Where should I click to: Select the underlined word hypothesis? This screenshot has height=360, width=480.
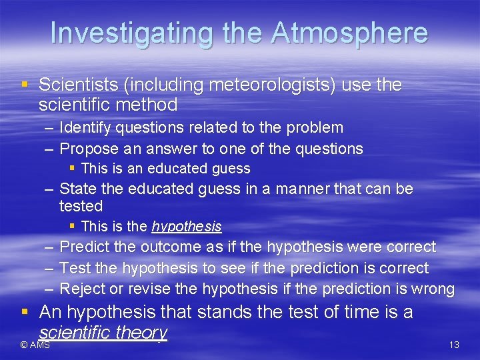point(187,227)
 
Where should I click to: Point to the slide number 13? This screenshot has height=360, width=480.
point(455,345)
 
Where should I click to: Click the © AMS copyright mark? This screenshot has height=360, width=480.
point(35,345)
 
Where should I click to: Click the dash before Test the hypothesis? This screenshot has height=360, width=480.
point(49,268)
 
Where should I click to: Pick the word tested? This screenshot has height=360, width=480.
point(81,207)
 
